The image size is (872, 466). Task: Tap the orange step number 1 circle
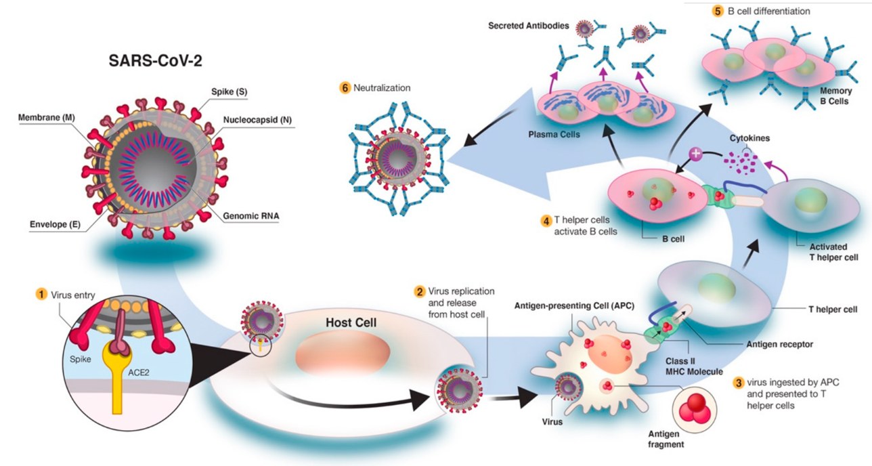[x=42, y=295]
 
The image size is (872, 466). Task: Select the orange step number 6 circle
[x=346, y=87]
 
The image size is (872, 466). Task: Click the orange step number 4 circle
[x=545, y=221]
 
